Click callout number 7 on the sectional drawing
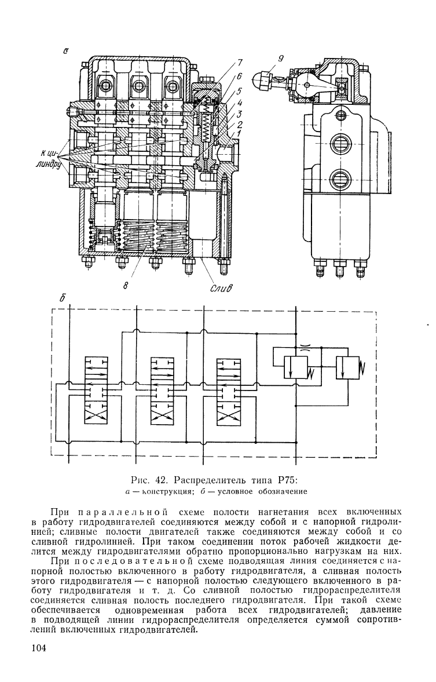[x=240, y=62]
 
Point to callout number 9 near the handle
[x=280, y=58]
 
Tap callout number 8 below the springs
[x=125, y=285]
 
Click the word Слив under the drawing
[x=222, y=287]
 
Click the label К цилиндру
[x=50, y=159]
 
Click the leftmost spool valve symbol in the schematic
[x=95, y=390]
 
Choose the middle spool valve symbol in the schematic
[x=162, y=390]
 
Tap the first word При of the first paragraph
[x=58, y=510]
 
